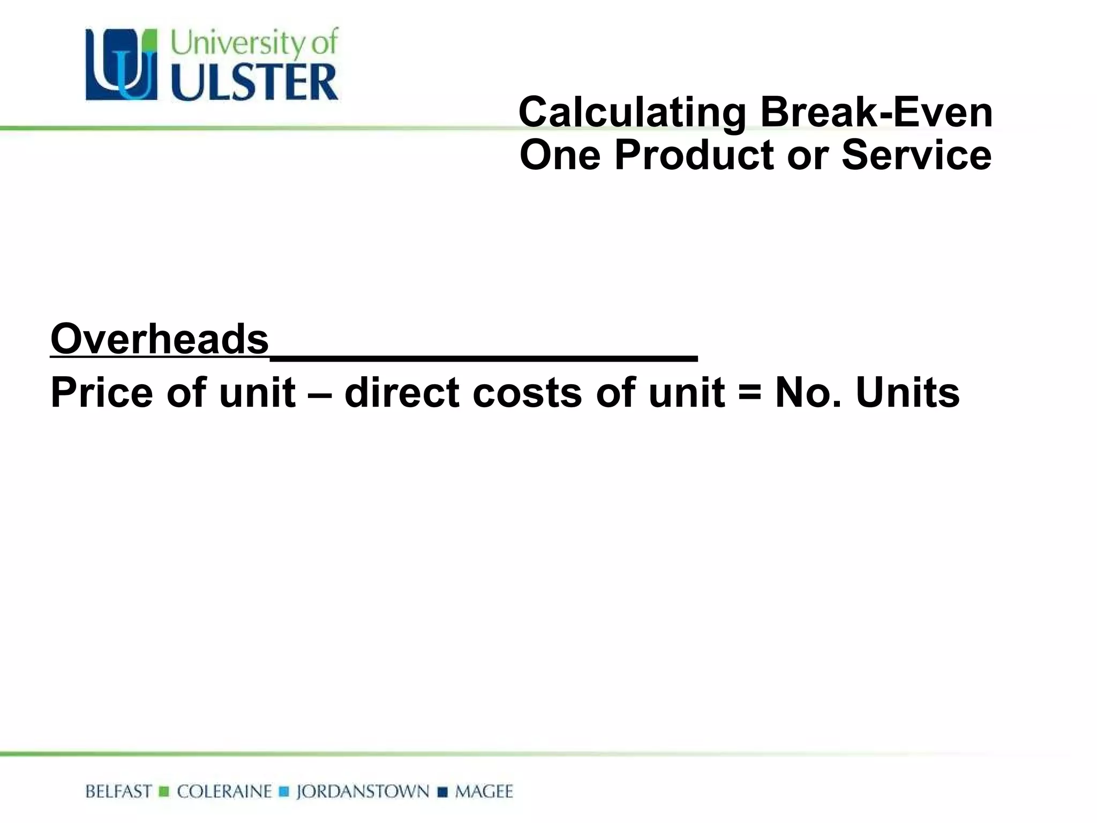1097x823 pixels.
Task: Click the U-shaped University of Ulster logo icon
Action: point(122,65)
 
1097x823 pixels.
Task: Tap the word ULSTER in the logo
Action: point(255,82)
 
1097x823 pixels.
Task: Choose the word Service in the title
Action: point(916,155)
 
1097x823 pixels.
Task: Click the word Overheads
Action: point(160,339)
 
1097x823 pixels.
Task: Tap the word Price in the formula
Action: point(102,393)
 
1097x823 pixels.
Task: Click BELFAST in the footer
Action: point(118,791)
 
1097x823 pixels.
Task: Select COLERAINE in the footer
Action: point(224,791)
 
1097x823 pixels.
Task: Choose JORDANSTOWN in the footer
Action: point(363,791)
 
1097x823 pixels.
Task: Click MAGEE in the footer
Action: point(484,791)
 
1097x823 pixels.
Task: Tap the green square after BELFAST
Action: point(164,791)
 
